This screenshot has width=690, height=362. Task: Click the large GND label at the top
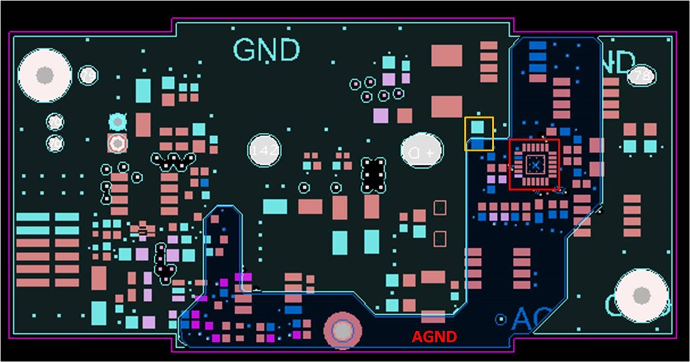click(x=266, y=50)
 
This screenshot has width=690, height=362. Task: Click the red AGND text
click(x=434, y=337)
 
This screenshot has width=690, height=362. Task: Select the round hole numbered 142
click(x=264, y=150)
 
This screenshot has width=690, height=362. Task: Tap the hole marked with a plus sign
click(x=422, y=152)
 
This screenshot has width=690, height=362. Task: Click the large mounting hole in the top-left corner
click(x=45, y=75)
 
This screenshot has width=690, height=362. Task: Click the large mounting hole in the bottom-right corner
click(x=641, y=295)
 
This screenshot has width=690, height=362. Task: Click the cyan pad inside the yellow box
click(x=477, y=127)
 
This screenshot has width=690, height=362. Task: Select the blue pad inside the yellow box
click(x=477, y=144)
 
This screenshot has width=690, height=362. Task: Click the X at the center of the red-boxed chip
click(x=535, y=165)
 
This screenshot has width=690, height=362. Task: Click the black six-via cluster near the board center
click(x=374, y=174)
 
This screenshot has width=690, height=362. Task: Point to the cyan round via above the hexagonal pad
click(x=117, y=121)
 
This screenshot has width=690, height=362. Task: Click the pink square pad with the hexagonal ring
click(x=117, y=143)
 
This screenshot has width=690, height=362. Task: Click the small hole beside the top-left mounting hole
click(x=88, y=75)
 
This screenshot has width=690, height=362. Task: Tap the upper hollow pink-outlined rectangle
click(x=440, y=207)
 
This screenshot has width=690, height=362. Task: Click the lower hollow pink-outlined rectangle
click(x=440, y=238)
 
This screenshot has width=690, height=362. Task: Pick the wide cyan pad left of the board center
click(x=274, y=206)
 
